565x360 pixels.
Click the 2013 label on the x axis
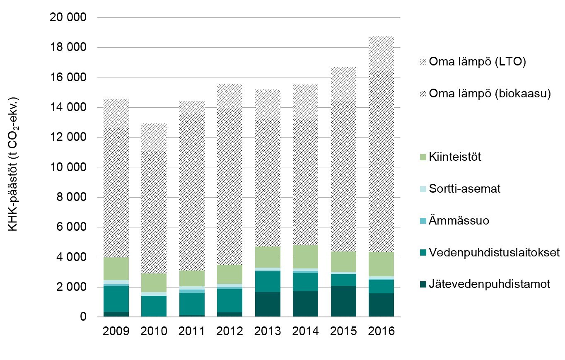268,331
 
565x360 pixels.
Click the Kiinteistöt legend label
456,157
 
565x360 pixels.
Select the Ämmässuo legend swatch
423,220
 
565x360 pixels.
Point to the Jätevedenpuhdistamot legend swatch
423,284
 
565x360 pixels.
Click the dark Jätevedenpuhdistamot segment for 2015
343,301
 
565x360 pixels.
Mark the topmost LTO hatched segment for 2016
381,53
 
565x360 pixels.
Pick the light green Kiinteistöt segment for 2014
305,257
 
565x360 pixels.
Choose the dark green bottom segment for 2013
268,304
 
